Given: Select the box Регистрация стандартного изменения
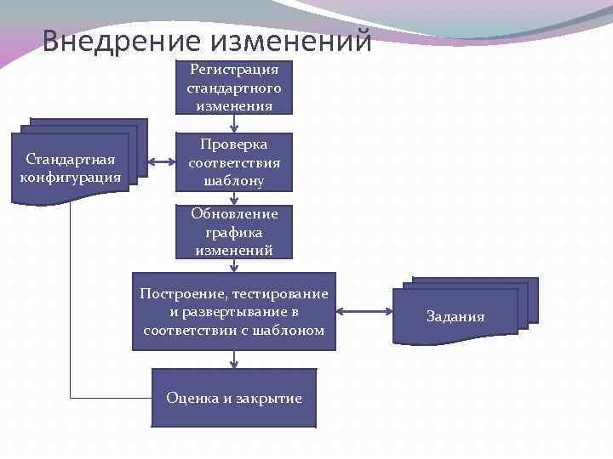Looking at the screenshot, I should [x=234, y=87].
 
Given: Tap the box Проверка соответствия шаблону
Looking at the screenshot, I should [x=234, y=161].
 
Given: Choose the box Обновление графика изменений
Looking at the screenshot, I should [x=234, y=232].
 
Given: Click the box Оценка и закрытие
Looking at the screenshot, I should [x=234, y=398].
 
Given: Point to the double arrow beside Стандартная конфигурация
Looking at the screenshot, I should [x=161, y=161].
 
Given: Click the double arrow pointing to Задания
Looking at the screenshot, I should [x=364, y=312].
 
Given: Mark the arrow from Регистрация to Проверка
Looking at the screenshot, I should [x=234, y=123].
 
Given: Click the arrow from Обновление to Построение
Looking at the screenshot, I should [x=234, y=265].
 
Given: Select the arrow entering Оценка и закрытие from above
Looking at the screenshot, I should [x=234, y=360].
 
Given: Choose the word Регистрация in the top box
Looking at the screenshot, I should [x=234, y=70].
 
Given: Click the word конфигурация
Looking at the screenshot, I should [x=71, y=178].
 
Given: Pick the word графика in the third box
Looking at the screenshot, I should [x=234, y=232].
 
